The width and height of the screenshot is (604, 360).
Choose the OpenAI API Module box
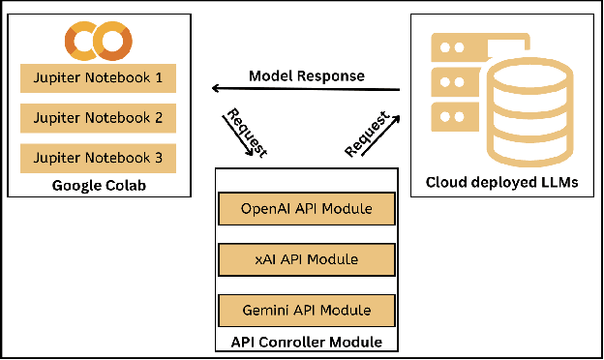[x=307, y=209]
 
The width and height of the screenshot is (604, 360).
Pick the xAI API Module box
[x=307, y=259]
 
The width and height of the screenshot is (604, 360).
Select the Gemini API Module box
[x=307, y=311]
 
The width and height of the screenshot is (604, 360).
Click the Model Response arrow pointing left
[x=306, y=90]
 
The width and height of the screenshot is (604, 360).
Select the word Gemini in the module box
[x=271, y=311]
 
